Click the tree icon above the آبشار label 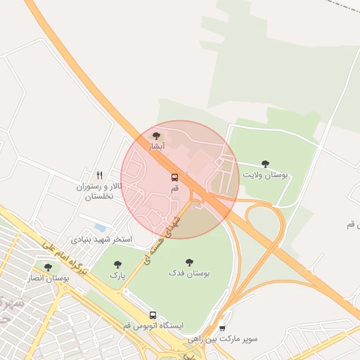(x=157, y=136)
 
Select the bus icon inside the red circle (x=174, y=177)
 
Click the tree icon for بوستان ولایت (x=265, y=163)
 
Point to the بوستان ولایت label (x=265, y=174)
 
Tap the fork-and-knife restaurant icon (x=100, y=176)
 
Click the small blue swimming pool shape (x=100, y=228)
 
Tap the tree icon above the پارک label (x=117, y=264)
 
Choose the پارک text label (x=117, y=275)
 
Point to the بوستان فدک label (x=189, y=272)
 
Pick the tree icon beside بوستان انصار (x=48, y=267)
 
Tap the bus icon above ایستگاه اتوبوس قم (x=153, y=315)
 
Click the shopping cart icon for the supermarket (x=222, y=328)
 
